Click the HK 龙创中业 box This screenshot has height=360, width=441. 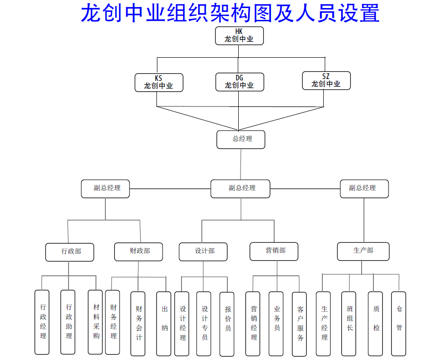coord(239,35)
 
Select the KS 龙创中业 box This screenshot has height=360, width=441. coord(159,82)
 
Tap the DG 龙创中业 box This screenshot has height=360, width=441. coord(240,82)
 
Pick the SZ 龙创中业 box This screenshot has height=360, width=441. coord(326,80)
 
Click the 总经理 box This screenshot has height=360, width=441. coord(241,139)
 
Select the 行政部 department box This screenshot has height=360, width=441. coord(70,252)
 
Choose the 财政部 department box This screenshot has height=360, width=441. coord(139,251)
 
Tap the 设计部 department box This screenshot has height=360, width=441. coord(203,251)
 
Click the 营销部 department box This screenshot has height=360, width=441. coord(274,251)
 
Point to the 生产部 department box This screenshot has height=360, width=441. coord(363,251)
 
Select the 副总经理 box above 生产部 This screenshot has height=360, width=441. coord(364,188)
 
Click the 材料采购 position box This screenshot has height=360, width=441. coord(95,322)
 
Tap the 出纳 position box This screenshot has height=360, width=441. coord(164,323)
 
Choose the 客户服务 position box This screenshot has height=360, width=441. coord(300,324)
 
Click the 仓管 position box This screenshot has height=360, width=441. coord(398,323)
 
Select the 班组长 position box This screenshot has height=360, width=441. coord(349,323)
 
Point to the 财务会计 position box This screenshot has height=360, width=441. coord(138,323)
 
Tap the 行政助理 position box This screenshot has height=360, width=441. coord(68,322)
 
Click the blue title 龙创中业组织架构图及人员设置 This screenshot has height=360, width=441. coord(230,13)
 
